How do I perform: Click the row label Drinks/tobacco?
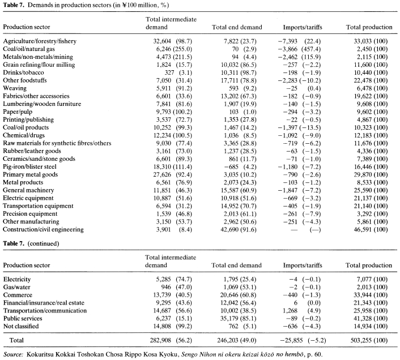(23, 72)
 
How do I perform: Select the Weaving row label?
(15, 88)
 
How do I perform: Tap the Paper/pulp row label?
(18, 112)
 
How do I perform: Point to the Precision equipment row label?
(30, 214)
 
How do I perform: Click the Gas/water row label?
(16, 287)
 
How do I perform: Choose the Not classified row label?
(21, 327)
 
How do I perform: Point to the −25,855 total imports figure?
(291, 340)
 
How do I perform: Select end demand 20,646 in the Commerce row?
(229, 295)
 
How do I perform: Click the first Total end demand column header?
(237, 27)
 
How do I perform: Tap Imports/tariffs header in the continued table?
(303, 265)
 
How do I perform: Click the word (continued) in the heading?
(43, 243)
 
